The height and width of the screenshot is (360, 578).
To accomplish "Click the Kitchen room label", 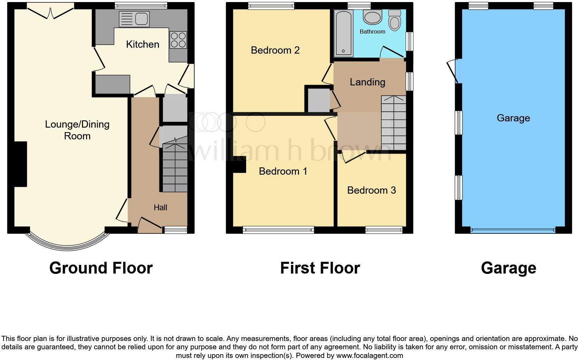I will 142,44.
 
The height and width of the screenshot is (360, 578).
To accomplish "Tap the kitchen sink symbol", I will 134,19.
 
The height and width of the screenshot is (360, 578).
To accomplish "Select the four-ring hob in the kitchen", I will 178,39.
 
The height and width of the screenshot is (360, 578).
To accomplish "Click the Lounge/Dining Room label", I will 77,130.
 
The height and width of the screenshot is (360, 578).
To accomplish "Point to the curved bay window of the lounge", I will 67,246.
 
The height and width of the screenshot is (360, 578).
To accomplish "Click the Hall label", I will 160,207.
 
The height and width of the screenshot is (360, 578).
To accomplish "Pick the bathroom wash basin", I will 372,17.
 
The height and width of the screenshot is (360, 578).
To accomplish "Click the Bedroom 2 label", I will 275,50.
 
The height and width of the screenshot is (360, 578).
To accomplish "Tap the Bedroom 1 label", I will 283,171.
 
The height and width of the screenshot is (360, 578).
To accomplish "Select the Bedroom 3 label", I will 371,190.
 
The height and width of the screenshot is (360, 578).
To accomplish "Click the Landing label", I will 367,82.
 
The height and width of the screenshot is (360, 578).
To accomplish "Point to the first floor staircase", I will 394,123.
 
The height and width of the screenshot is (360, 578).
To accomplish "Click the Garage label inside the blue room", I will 513,118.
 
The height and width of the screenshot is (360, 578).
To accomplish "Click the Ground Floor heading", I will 101,268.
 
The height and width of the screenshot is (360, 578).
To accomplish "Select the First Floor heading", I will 320,268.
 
